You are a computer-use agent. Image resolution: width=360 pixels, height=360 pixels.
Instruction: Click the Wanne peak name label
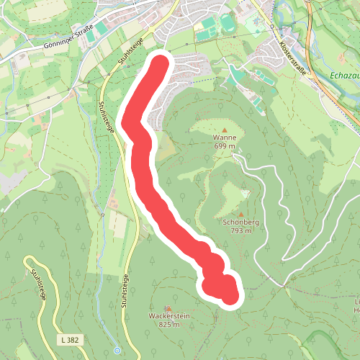pyautogui.click(x=224, y=137)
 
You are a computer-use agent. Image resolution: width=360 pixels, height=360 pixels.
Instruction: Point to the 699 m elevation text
pyautogui.click(x=224, y=145)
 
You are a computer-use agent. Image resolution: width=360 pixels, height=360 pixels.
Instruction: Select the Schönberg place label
pyautogui.click(x=240, y=222)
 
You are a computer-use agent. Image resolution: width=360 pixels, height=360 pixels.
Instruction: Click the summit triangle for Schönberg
pyautogui.click(x=240, y=214)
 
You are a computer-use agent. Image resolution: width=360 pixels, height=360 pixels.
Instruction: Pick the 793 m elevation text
pyautogui.click(x=240, y=231)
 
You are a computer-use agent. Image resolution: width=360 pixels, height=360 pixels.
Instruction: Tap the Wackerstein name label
pyautogui.click(x=168, y=316)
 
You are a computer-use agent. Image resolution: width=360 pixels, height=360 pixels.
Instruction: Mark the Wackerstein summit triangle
pyautogui.click(x=168, y=307)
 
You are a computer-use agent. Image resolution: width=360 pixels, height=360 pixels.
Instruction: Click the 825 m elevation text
pyautogui.click(x=168, y=325)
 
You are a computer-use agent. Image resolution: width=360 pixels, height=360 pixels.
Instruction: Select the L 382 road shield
pyautogui.click(x=70, y=338)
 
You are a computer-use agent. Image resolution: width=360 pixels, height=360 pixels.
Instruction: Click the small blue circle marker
pyautogui.click(x=117, y=351)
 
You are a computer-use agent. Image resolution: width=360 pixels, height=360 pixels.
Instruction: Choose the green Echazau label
pyautogui.click(x=343, y=74)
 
